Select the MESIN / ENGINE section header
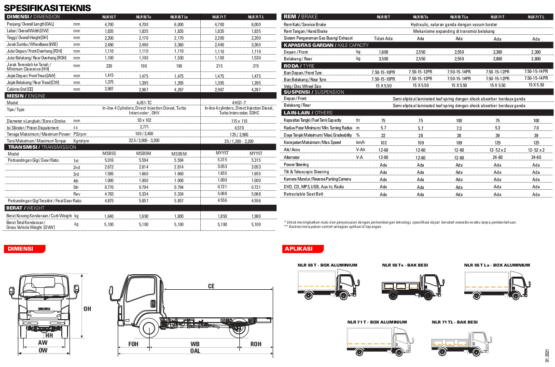point(26,96)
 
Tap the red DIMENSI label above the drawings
point(20,249)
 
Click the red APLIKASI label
point(298,249)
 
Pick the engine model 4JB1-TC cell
point(144,102)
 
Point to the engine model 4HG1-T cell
point(239,102)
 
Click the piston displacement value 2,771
point(144,127)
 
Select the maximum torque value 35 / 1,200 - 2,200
point(239,141)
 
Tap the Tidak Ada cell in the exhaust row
point(383,39)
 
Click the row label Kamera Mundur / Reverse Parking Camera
point(317,179)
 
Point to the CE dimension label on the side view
point(211,286)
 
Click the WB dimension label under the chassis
point(195,344)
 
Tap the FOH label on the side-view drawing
point(133,344)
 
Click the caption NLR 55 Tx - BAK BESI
point(405,265)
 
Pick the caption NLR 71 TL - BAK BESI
point(455,322)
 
